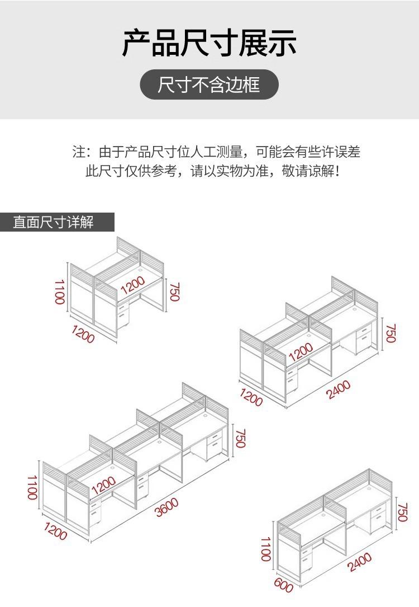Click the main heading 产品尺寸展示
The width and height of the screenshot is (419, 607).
coord(209,43)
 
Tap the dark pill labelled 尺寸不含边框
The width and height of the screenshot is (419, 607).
coord(209,85)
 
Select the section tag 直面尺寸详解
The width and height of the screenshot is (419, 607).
coord(54,222)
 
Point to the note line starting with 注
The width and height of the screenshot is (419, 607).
coord(216,152)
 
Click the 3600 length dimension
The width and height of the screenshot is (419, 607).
coord(166,507)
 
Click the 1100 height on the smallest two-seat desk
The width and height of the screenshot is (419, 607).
coord(60,291)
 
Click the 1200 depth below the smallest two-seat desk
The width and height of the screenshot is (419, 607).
coord(83,333)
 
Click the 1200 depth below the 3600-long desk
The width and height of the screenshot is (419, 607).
coord(55,532)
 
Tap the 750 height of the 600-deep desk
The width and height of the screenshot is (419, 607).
coord(403,512)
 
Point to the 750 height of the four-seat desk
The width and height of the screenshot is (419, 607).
coord(391,333)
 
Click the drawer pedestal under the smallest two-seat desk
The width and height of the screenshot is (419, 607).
coord(123,316)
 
